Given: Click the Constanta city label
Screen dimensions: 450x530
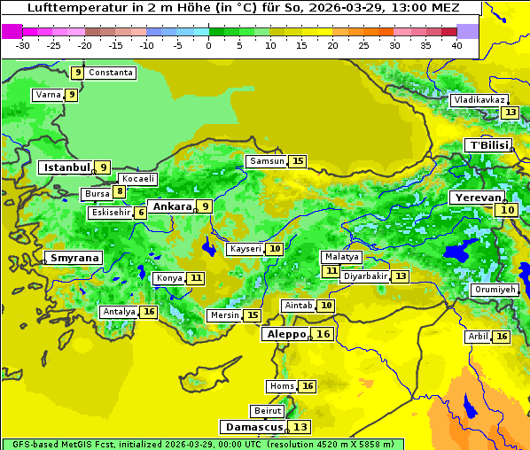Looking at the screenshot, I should (111, 73).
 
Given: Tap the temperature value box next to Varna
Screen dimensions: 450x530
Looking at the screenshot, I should (72, 95).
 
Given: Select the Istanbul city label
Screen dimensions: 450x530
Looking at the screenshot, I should (66, 167).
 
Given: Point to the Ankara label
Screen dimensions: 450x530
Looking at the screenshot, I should (171, 206).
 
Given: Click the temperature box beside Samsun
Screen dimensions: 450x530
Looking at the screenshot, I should (298, 161).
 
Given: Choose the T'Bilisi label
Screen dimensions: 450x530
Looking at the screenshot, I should (488, 145).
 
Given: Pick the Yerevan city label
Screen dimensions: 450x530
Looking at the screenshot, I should (477, 198).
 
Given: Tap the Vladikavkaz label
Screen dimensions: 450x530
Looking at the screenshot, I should (479, 100).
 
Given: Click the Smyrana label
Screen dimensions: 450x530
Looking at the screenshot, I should (74, 258).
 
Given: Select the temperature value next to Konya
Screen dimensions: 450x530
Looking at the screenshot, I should (196, 278).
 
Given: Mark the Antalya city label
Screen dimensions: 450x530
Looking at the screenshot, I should (119, 312).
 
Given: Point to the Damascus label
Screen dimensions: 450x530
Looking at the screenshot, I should (253, 427).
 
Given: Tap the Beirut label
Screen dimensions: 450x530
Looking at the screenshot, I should (268, 411).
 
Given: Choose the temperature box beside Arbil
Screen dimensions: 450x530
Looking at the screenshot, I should (502, 337).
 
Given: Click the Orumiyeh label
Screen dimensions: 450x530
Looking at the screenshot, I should (494, 290).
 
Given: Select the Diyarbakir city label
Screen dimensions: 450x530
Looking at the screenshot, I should (365, 276).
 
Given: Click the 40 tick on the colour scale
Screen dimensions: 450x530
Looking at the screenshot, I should (456, 45).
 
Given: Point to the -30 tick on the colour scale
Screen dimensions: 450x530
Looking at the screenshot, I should (23, 45).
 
